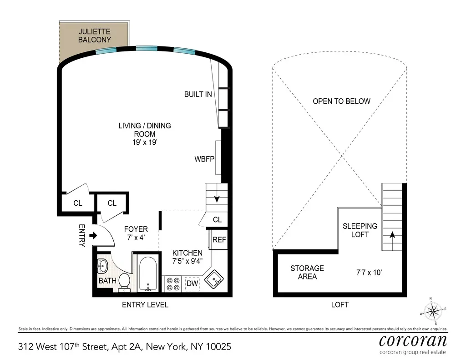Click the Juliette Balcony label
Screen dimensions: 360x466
point(94,36)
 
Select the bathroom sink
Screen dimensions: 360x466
point(102,265)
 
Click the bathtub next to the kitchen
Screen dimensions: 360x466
point(147,274)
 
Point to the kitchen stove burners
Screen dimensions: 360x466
point(172,284)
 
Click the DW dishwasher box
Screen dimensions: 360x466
point(192,284)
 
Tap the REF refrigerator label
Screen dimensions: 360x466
point(219,240)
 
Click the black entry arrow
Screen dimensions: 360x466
point(93,235)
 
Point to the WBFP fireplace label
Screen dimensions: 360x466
point(204,159)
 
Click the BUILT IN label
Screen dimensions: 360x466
point(198,95)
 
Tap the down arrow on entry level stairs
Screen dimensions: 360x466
point(217,198)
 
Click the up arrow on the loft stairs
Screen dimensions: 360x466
point(392,235)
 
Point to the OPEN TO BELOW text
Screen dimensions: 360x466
point(341,101)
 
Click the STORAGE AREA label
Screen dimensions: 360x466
point(307,272)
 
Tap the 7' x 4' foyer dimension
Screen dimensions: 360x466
point(136,238)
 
